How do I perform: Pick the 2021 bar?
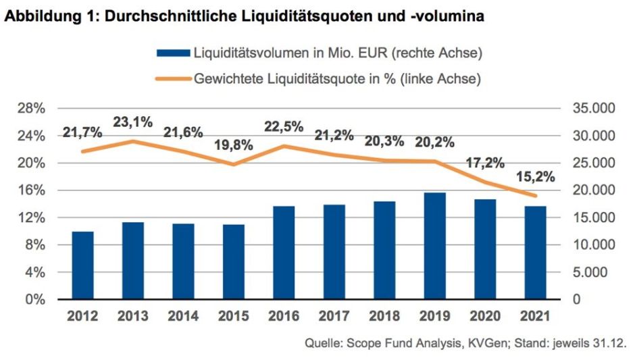tap(536, 253)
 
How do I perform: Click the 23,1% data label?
tap(133, 122)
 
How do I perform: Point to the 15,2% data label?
tap(535, 177)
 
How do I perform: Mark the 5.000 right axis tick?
tap(594, 272)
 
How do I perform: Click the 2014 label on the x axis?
tap(183, 315)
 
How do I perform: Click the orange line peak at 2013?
tap(134, 141)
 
